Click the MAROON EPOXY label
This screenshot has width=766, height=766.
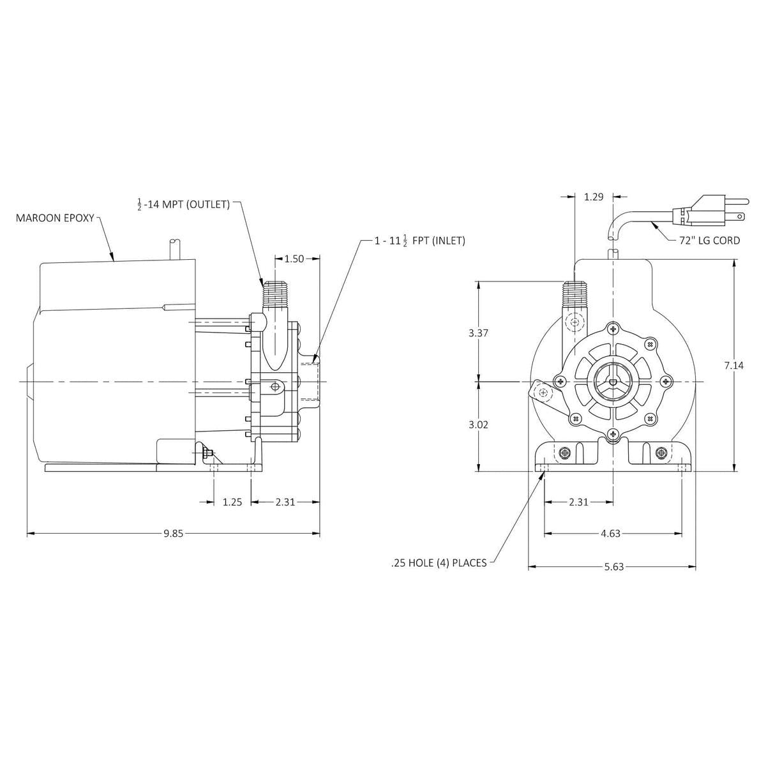pyautogui.click(x=54, y=218)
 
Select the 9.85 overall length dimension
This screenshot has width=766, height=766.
pyautogui.click(x=172, y=534)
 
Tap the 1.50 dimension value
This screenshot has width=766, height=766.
pyautogui.click(x=294, y=259)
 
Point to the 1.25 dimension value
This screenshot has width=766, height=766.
pyautogui.click(x=232, y=502)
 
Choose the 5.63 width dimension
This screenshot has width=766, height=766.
pyautogui.click(x=613, y=566)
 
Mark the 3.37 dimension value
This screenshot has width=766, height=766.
pyautogui.click(x=478, y=333)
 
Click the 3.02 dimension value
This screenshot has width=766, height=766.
pyautogui.click(x=478, y=424)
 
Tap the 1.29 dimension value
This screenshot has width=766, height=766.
pyautogui.click(x=594, y=197)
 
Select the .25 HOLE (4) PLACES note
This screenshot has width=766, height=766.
pyautogui.click(x=439, y=563)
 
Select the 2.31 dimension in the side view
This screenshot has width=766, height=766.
pyautogui.click(x=285, y=502)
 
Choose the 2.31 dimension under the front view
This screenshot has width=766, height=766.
pyautogui.click(x=578, y=502)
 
